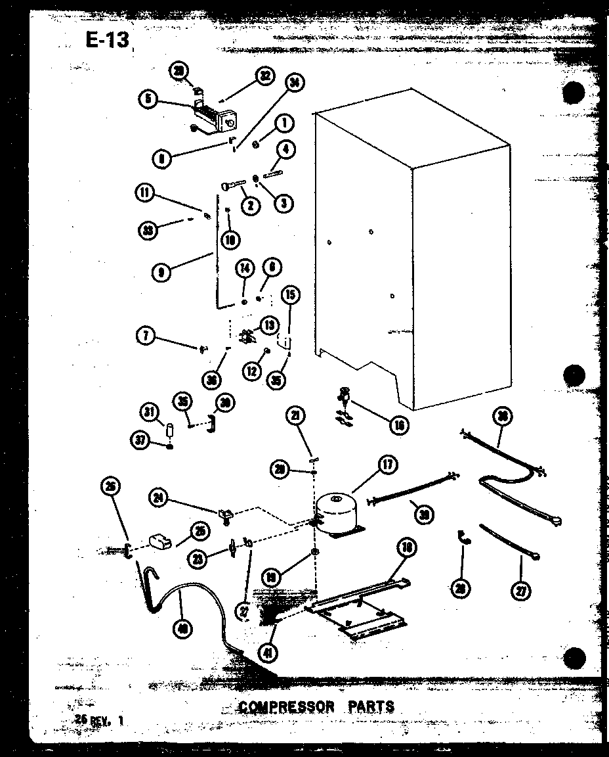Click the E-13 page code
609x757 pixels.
107,40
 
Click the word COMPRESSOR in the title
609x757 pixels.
286,707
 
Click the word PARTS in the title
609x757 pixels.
371,706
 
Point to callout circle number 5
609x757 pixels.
149,99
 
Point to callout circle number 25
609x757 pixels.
198,530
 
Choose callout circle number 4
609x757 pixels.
285,150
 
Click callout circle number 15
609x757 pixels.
289,295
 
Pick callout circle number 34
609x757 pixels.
295,83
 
